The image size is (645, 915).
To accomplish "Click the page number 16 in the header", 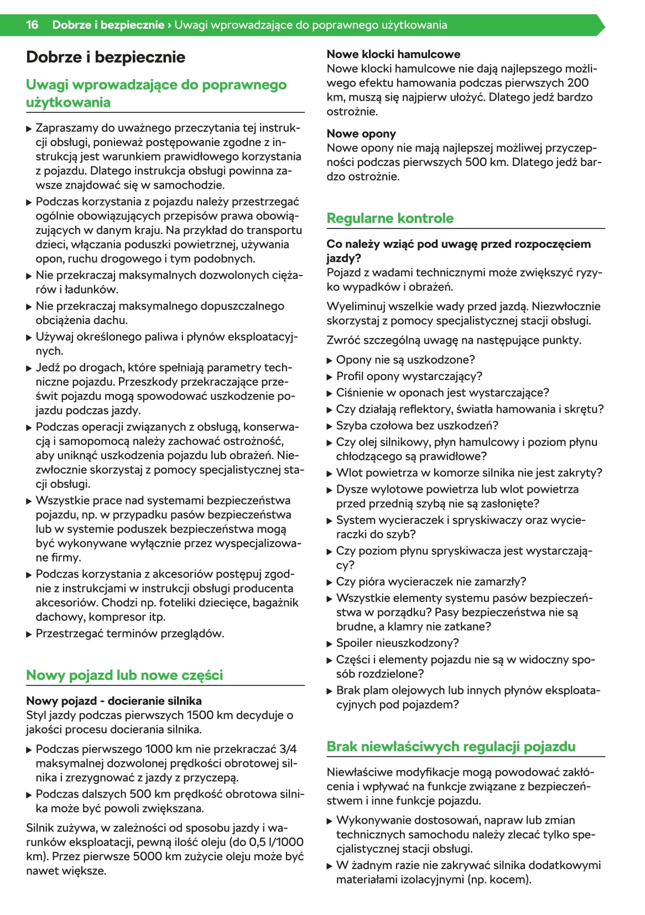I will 32,25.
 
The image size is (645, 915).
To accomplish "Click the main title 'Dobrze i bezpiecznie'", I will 106,57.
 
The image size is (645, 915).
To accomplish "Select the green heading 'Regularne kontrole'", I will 390,218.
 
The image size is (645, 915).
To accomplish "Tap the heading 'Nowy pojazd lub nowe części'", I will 124,675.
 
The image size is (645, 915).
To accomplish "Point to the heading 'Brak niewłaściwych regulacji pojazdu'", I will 451,746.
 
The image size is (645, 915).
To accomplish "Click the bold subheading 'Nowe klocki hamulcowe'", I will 393,54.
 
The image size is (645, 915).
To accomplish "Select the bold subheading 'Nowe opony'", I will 361,133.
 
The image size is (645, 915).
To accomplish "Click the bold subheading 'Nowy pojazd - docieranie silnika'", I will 114,701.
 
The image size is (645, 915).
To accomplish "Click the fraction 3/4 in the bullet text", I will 288,749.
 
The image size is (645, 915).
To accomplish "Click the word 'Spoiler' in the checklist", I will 354,643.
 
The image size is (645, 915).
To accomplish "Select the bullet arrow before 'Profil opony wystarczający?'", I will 330,377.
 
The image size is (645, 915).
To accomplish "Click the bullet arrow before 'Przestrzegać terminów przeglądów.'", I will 29,634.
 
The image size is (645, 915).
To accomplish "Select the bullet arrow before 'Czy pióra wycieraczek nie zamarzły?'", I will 330,582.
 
